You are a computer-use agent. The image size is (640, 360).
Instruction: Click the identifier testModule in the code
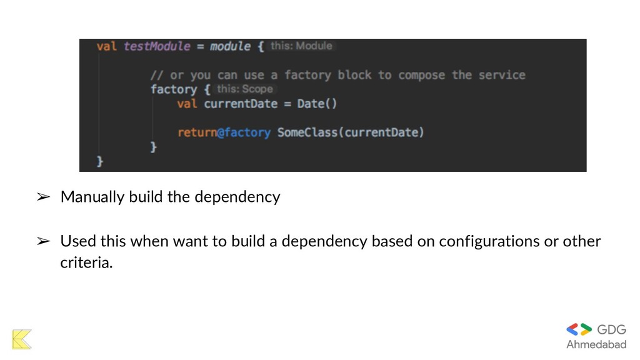click(x=157, y=47)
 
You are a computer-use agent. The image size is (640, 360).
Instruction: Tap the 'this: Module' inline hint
click(x=301, y=46)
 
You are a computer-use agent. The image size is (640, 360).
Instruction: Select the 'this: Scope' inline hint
click(x=245, y=89)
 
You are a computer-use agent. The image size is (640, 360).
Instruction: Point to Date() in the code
click(x=317, y=104)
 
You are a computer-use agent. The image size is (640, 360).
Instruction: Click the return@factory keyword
click(x=224, y=132)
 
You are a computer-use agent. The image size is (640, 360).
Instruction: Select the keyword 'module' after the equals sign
click(x=230, y=47)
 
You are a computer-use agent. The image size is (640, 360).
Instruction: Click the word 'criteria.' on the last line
click(x=86, y=263)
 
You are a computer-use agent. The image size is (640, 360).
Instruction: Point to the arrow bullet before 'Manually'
click(x=43, y=197)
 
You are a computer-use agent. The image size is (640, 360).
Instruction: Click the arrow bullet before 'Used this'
click(x=43, y=241)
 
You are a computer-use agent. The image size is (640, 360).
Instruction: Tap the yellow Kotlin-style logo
click(x=21, y=339)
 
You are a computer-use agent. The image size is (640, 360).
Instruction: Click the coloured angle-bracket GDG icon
click(x=579, y=329)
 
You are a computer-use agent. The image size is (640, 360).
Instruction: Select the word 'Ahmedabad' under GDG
click(x=596, y=345)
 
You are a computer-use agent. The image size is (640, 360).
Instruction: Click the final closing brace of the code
click(x=100, y=162)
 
